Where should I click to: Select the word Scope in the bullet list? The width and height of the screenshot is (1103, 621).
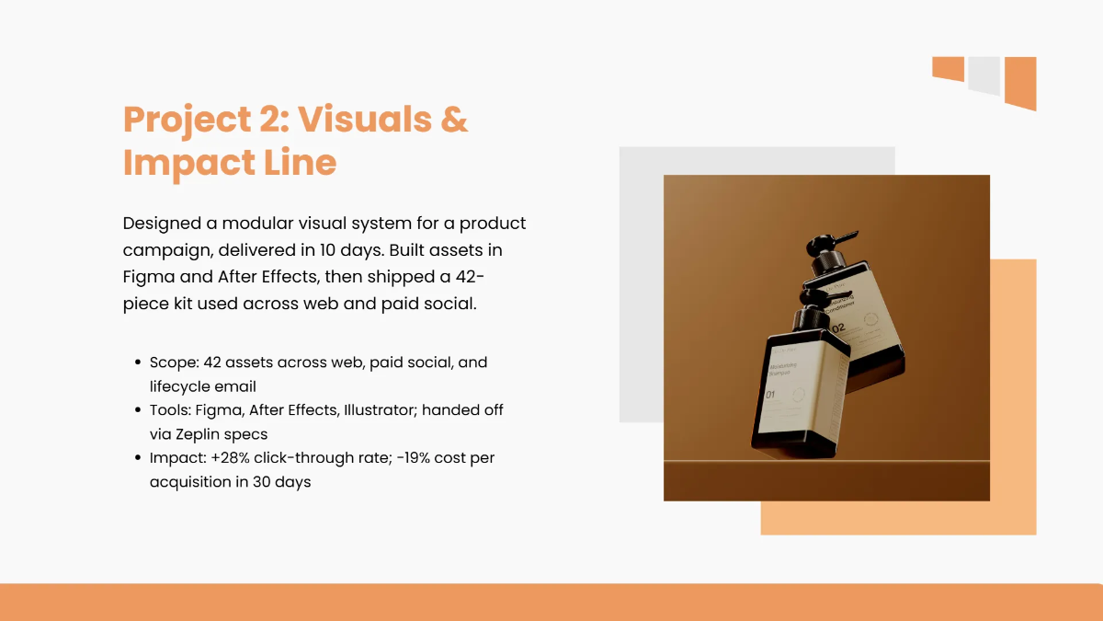pyautogui.click(x=171, y=362)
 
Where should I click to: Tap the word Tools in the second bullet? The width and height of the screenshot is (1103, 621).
pyautogui.click(x=169, y=409)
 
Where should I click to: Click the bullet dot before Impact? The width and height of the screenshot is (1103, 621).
pyautogui.click(x=138, y=458)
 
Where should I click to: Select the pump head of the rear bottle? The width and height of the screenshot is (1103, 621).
pyautogui.click(x=827, y=242)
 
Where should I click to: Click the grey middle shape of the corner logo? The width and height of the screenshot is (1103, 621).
pyautogui.click(x=984, y=75)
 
